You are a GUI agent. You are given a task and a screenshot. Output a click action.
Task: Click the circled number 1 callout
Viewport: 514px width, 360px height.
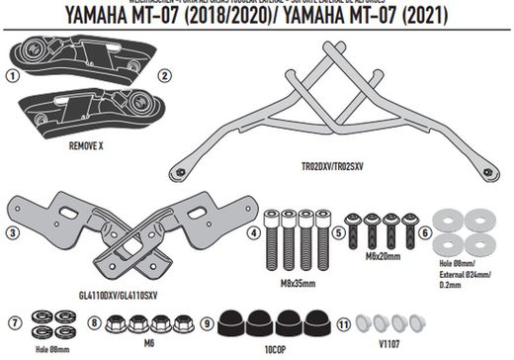[12, 74]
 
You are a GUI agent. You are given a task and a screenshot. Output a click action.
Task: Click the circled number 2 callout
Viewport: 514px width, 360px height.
[164, 74]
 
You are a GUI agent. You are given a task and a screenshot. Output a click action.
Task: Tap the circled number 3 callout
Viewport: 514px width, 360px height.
[12, 232]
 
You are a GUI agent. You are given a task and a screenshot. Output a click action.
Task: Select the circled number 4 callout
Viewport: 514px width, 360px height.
[255, 233]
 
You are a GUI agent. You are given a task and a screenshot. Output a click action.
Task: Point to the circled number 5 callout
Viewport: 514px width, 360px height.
[338, 233]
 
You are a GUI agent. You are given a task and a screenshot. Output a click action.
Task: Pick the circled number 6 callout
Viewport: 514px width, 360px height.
[425, 233]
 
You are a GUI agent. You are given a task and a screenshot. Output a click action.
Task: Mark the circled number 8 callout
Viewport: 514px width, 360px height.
[95, 322]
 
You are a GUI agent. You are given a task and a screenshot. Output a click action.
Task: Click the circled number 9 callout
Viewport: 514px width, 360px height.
[207, 322]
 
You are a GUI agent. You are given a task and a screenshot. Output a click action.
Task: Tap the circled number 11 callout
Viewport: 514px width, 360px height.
[343, 322]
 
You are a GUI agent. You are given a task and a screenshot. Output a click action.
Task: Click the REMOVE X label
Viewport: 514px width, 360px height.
[87, 143]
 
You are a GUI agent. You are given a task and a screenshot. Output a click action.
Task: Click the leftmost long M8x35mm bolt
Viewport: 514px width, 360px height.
[272, 242]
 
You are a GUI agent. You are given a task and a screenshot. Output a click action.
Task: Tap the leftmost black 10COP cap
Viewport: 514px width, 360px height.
[234, 323]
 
